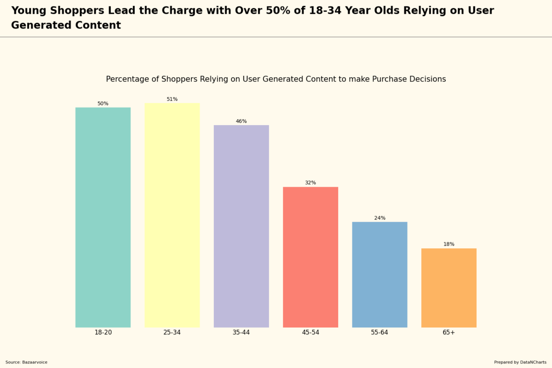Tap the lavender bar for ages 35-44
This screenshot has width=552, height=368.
[x=241, y=226]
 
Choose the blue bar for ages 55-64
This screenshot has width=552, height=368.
[x=379, y=274]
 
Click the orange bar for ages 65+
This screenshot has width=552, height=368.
[x=448, y=287]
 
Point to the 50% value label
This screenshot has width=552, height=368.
[x=103, y=103]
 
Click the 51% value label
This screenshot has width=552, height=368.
[x=172, y=99]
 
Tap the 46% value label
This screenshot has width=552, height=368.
[x=241, y=121]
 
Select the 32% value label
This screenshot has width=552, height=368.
[x=310, y=183]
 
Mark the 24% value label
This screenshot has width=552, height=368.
[x=379, y=218]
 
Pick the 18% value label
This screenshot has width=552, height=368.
[x=448, y=244]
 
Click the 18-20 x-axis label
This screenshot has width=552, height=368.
[x=103, y=333]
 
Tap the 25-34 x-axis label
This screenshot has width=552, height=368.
[x=172, y=333]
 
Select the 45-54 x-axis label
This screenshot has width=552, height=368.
[x=310, y=333]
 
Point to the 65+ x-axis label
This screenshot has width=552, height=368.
[x=448, y=333]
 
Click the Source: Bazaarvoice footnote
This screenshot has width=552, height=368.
[x=26, y=362]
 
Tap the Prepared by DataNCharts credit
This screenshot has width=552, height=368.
[x=520, y=362]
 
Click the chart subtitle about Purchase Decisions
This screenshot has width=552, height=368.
[x=276, y=79]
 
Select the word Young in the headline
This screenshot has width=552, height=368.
[x=29, y=11]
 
